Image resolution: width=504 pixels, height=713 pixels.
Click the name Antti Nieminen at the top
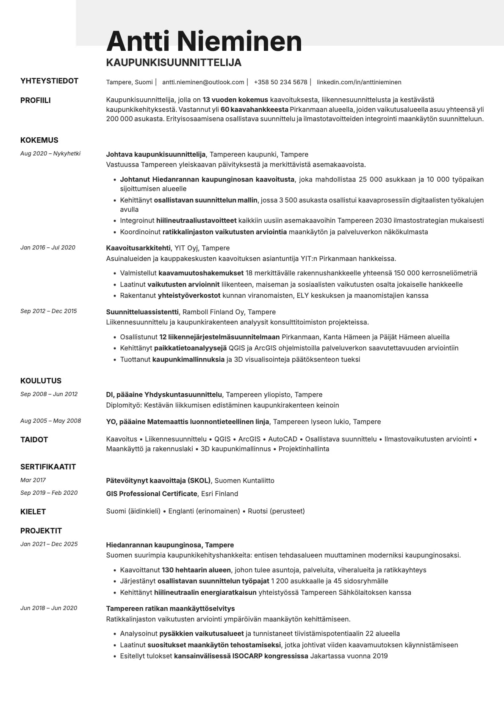coord(204,42)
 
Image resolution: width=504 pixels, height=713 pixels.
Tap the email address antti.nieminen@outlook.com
coord(203,82)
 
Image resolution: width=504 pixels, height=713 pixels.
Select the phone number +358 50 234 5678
coord(280,82)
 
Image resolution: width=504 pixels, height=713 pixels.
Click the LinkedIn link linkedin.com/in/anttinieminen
coord(359,82)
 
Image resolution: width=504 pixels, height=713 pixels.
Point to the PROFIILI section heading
coord(36,100)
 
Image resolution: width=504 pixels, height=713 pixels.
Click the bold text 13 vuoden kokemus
coord(235,100)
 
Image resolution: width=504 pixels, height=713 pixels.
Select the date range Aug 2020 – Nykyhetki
coord(50,154)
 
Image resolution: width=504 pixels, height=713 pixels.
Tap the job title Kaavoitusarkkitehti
coord(138,248)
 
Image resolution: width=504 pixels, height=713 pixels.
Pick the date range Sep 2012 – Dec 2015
coord(49,311)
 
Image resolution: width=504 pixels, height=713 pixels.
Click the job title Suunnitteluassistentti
coord(142,312)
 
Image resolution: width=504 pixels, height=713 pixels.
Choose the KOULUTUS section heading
coord(41,381)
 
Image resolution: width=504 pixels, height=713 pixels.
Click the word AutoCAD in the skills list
coord(282,439)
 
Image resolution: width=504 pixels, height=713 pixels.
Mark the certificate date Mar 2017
coord(33,480)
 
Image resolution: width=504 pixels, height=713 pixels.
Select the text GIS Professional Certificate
coord(152,494)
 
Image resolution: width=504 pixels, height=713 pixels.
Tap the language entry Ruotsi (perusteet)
coord(276,511)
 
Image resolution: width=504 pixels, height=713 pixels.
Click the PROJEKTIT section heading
coord(41,531)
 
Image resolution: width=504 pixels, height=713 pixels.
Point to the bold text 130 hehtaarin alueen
coord(196,570)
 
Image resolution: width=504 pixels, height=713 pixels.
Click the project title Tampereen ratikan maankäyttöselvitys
coord(170,608)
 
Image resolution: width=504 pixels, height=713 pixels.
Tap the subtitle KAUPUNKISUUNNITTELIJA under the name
coord(174,63)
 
